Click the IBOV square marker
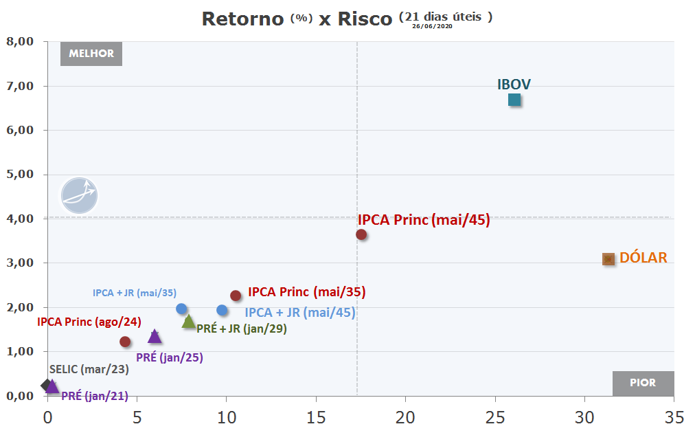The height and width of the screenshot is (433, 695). [514, 100]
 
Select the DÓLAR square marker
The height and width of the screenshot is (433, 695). [608, 259]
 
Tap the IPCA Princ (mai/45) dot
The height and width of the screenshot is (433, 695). [361, 234]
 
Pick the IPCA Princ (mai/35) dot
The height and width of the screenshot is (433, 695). [236, 296]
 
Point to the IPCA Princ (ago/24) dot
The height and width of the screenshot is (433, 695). [125, 342]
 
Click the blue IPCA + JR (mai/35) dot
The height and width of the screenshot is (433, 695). [181, 309]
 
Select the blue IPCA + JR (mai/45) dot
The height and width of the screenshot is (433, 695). [222, 310]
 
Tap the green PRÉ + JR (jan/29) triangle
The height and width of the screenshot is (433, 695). [189, 322]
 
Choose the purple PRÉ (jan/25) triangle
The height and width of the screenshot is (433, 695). [155, 336]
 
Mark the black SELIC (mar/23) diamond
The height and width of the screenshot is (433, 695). [46, 385]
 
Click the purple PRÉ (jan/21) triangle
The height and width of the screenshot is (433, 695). [52, 387]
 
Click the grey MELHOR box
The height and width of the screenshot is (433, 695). [91, 54]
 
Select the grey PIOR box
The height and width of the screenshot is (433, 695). [643, 383]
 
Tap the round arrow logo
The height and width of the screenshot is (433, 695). [80, 196]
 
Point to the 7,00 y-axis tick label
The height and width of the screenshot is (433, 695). [21, 86]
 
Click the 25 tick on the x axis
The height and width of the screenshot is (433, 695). [494, 417]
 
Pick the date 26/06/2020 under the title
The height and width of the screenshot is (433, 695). [432, 26]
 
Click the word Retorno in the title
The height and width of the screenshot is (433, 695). [243, 19]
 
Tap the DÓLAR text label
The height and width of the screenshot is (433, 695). [643, 257]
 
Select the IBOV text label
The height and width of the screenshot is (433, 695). [514, 85]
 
